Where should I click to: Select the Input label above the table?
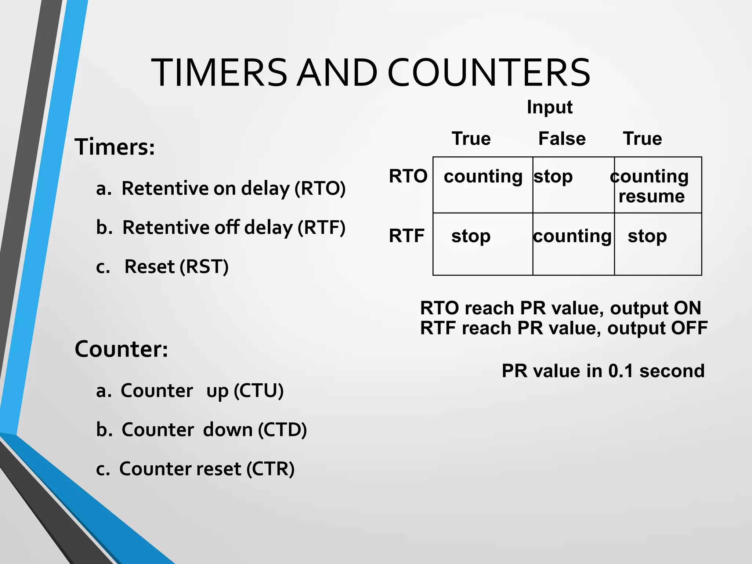click(x=549, y=107)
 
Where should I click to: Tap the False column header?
click(x=562, y=139)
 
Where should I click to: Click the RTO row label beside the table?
click(x=408, y=176)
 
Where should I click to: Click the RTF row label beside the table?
click(x=406, y=236)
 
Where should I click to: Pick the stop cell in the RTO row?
click(x=553, y=177)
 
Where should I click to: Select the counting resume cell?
click(x=650, y=186)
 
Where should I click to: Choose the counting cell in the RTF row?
click(x=572, y=236)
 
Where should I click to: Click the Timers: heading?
click(x=115, y=147)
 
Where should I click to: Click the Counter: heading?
click(x=121, y=349)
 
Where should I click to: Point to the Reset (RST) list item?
click(x=176, y=267)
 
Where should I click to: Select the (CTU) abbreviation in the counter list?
click(x=258, y=391)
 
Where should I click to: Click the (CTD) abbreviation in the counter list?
click(x=282, y=430)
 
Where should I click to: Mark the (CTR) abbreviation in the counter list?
click(x=270, y=469)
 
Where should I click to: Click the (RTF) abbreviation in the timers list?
click(x=321, y=228)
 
